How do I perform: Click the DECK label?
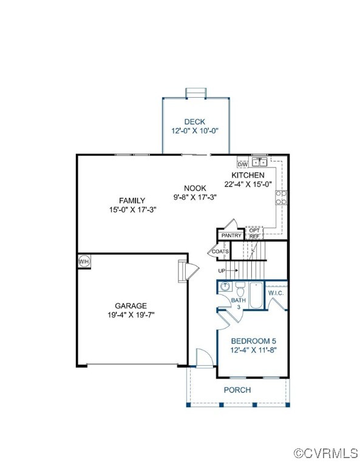coord(195,122)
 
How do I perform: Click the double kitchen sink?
coord(259,162)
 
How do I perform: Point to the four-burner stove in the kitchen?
coord(281,197)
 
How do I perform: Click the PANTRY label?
coord(231,235)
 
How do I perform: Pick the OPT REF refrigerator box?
coord(254,234)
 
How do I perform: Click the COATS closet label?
coord(220,251)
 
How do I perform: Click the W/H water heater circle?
coord(83,262)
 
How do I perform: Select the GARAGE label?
coord(131,306)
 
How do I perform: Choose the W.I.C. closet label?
coord(276,293)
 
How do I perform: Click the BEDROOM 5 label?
coord(253,341)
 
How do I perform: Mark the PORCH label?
coord(237,390)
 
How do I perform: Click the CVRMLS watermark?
coord(325,453)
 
